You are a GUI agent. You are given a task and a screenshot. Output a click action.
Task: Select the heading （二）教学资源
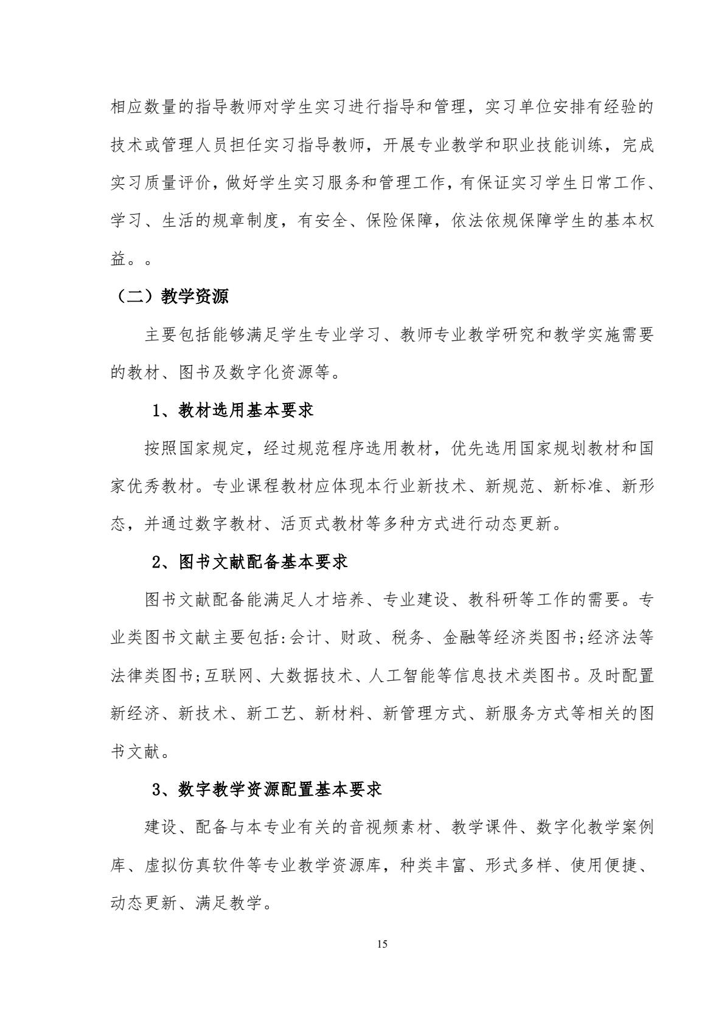(169, 296)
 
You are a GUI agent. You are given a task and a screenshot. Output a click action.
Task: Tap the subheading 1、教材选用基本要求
(233, 410)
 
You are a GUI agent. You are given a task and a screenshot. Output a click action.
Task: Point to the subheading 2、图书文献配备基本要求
(249, 562)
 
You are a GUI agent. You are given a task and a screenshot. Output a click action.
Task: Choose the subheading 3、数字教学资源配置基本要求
(266, 790)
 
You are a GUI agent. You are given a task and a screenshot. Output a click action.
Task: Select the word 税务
(409, 638)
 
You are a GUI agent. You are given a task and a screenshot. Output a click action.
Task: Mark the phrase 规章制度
(237, 221)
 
